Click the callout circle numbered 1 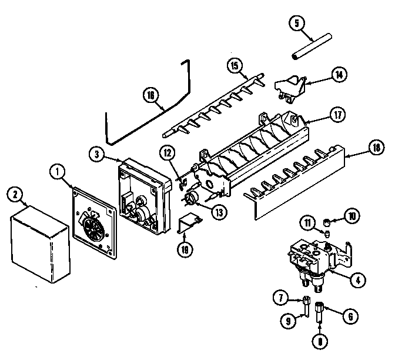58,172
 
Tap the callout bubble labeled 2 15,195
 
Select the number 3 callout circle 97,154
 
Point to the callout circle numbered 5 297,24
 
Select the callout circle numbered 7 282,298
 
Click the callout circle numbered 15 236,66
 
